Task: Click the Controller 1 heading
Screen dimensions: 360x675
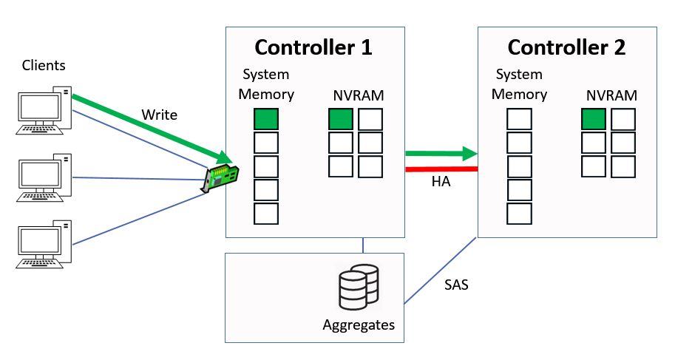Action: click(313, 48)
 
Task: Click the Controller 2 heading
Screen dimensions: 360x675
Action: click(566, 48)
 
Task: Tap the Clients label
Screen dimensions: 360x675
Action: click(44, 66)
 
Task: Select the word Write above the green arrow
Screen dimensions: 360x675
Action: click(160, 115)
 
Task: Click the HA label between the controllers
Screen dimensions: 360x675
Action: click(441, 182)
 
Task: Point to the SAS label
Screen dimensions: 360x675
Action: click(457, 283)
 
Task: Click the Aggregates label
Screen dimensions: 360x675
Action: click(359, 325)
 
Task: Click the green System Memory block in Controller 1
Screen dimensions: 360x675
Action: click(266, 119)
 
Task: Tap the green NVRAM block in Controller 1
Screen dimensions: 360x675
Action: click(341, 119)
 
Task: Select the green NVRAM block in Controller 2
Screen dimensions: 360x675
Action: click(593, 119)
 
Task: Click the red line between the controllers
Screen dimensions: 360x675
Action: click(441, 169)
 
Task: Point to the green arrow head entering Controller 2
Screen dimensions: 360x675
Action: click(467, 154)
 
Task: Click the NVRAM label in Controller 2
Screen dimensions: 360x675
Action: click(611, 95)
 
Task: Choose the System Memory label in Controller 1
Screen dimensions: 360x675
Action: click(266, 84)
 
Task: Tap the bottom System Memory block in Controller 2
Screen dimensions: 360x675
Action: click(519, 214)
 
